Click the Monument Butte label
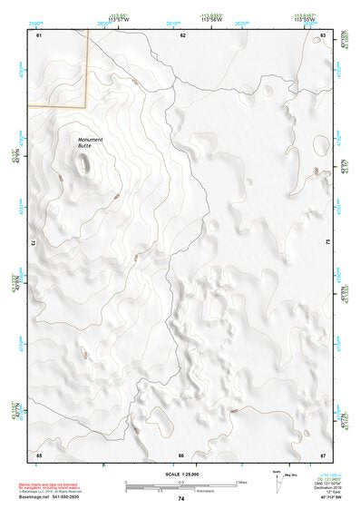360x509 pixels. [90, 142]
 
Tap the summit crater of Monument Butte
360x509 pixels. [85, 163]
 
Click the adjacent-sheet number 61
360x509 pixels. [39, 34]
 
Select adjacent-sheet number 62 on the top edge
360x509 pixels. [182, 34]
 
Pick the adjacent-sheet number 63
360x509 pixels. [323, 34]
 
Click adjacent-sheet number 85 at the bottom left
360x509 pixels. [39, 455]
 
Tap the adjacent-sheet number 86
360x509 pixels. [181, 455]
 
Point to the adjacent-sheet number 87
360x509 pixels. [323, 455]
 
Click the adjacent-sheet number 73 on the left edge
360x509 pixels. [35, 243]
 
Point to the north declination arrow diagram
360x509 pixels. [282, 478]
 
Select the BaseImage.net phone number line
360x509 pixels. [50, 498]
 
